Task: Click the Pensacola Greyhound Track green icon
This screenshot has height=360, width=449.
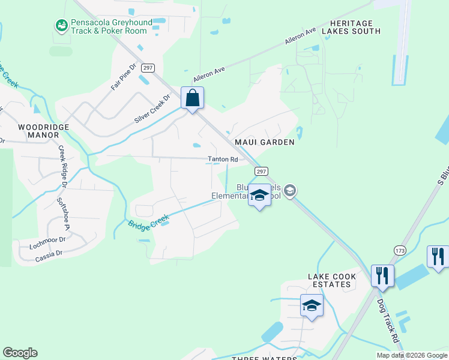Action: (x=61, y=26)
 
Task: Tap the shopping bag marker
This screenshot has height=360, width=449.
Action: (x=192, y=98)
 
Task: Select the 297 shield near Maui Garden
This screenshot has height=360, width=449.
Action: (x=261, y=172)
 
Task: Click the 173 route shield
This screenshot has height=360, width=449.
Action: (x=400, y=250)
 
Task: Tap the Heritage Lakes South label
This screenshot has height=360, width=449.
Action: (x=351, y=26)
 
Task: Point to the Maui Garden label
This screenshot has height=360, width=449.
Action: (x=269, y=142)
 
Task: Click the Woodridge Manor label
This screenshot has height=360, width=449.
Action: (x=44, y=131)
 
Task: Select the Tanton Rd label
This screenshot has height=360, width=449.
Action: (x=223, y=160)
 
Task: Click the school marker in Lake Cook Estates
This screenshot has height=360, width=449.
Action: (x=312, y=306)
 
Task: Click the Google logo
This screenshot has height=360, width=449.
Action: (x=20, y=353)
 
